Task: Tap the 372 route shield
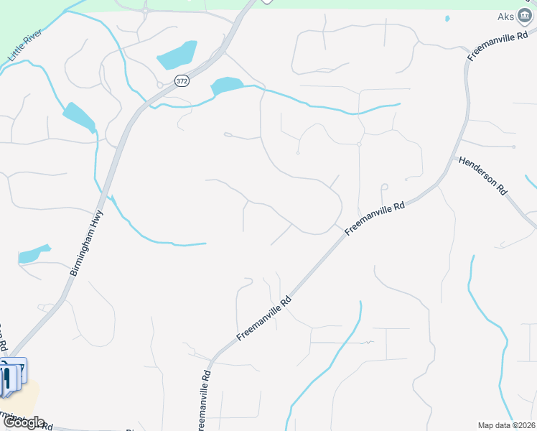coord(181,82)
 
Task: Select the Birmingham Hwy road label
coord(88,244)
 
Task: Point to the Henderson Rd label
coord(483,176)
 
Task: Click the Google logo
coord(23,422)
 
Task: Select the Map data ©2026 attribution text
coord(506,425)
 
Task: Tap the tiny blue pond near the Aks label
coord(447,19)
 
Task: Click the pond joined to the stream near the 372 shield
coord(227,86)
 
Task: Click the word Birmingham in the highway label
coord(83,253)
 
